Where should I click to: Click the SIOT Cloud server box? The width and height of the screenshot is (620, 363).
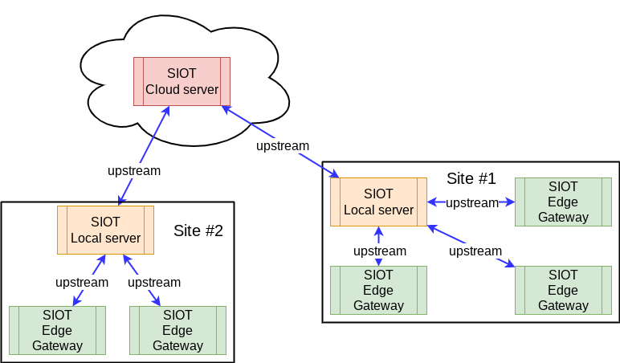click(x=182, y=81)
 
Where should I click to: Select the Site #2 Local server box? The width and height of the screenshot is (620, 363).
click(x=105, y=230)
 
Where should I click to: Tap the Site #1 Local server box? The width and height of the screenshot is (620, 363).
click(x=378, y=202)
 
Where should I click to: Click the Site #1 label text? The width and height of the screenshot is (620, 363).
click(x=471, y=178)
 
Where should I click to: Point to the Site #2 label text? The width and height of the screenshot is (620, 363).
click(x=198, y=231)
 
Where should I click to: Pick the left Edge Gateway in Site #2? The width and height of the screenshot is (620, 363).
click(x=57, y=330)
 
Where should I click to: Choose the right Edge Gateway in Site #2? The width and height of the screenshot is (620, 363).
click(x=177, y=330)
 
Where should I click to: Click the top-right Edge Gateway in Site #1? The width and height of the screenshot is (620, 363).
click(x=563, y=202)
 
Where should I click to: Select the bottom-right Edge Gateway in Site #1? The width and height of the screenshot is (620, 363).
click(x=563, y=290)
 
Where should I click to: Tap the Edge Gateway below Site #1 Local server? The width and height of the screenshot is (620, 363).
click(x=378, y=290)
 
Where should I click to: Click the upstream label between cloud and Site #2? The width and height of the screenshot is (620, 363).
click(x=134, y=170)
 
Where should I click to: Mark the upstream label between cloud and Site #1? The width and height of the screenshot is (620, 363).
click(x=283, y=145)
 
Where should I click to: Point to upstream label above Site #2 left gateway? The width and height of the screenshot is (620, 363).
click(x=82, y=282)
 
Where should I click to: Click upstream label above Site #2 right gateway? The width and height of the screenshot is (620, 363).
click(x=154, y=282)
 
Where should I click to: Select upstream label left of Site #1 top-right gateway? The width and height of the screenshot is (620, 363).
click(x=472, y=202)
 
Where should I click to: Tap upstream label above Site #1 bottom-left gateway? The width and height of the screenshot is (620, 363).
click(x=380, y=251)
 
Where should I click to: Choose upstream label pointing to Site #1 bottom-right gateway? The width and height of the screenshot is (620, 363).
click(x=475, y=251)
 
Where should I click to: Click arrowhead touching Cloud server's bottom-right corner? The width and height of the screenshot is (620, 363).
click(x=226, y=108)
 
